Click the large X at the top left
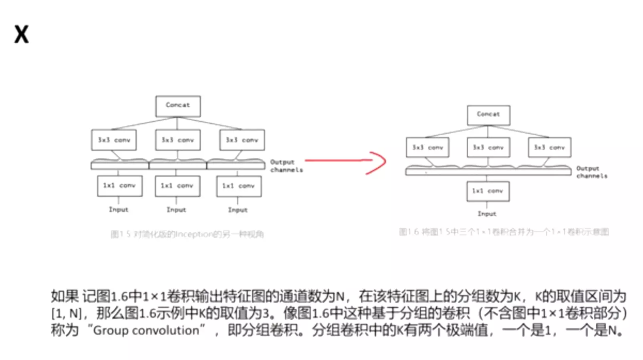[22, 34]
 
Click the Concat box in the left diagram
[178, 106]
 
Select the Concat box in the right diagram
[488, 115]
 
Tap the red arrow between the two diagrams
[345, 161]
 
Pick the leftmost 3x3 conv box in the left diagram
[114, 140]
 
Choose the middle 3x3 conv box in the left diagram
[178, 140]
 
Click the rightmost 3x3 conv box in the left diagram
[242, 140]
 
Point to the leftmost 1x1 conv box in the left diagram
[119, 186]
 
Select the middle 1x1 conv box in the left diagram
[177, 186]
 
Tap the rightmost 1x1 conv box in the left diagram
[239, 186]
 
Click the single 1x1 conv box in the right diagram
[488, 191]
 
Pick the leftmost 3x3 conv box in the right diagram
[427, 147]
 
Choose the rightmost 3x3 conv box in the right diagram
[549, 147]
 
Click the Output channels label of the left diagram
[286, 166]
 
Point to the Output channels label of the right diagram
[592, 172]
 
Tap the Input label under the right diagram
[487, 214]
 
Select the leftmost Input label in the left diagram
[119, 209]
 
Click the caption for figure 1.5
[187, 234]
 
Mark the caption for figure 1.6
[504, 232]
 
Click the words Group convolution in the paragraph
[146, 330]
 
